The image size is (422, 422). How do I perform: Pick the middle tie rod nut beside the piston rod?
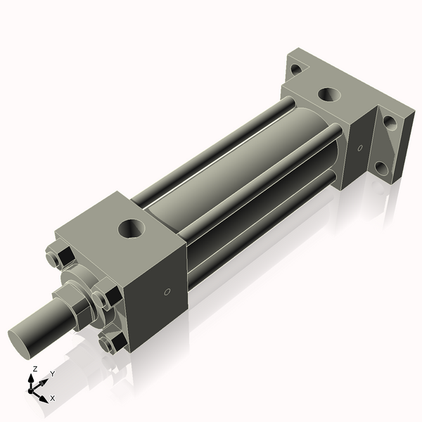pyautogui.click(x=107, y=294)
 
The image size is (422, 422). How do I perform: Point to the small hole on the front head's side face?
pyautogui.click(x=167, y=292)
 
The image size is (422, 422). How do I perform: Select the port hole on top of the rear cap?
pyautogui.click(x=327, y=94)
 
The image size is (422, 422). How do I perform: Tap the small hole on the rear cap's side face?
pyautogui.click(x=360, y=148)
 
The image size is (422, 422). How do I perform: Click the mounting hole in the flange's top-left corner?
pyautogui.click(x=296, y=69)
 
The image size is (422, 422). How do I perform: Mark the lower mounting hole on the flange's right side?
pyautogui.click(x=381, y=168)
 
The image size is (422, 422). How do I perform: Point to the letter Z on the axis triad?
pyautogui.click(x=34, y=369)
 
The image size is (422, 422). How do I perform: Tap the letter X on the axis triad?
pyautogui.click(x=53, y=398)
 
